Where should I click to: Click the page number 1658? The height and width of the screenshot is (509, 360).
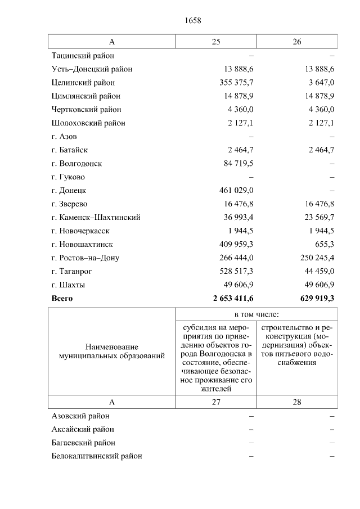tap(192, 21)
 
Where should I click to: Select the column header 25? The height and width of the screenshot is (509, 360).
tap(216, 42)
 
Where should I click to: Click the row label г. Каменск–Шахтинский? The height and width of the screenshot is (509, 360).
tap(96, 218)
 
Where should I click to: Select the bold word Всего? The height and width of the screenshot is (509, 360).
tap(62, 299)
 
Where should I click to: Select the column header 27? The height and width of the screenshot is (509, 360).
tap(216, 402)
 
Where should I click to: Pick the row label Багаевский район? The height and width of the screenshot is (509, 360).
tap(84, 443)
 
